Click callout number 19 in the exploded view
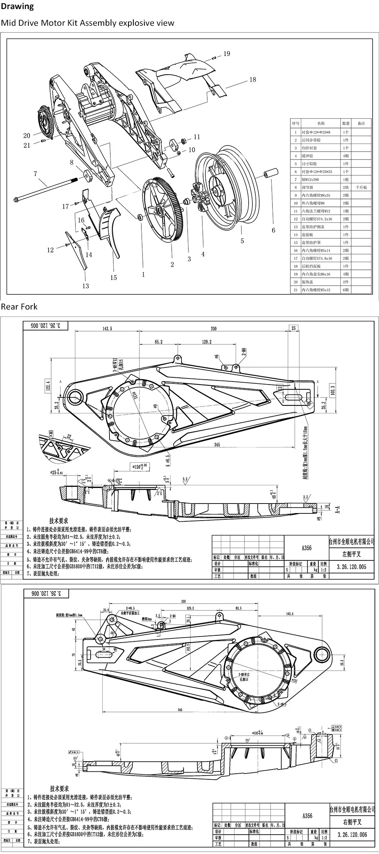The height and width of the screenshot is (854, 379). click(x=227, y=54)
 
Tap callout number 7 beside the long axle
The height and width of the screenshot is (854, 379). click(x=35, y=174)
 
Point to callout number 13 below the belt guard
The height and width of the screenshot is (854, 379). click(x=86, y=286)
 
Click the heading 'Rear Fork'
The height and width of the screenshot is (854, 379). click(x=19, y=307)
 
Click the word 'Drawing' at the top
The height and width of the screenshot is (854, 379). click(x=17, y=6)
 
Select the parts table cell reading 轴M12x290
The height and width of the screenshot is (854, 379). click(x=310, y=179)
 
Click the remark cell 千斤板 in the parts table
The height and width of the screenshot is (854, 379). click(x=361, y=187)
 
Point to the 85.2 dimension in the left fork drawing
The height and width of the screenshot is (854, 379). click(x=158, y=342)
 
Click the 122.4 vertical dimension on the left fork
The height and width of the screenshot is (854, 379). click(x=48, y=385)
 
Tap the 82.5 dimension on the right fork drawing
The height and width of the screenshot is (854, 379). click(x=238, y=608)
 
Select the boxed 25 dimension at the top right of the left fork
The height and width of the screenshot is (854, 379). click(x=293, y=328)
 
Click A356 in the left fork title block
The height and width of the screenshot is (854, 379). click(x=307, y=548)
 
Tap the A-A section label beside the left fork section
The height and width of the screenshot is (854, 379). click(x=338, y=509)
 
